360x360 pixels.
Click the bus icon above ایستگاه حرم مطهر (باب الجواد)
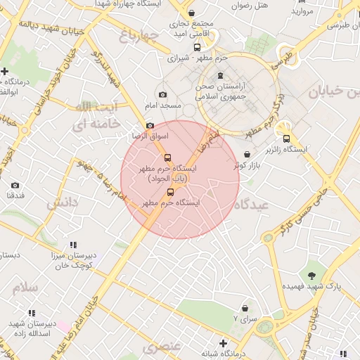click(x=167, y=157)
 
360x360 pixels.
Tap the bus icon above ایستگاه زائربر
click(x=286, y=139)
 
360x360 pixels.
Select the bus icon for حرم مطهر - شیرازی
click(x=197, y=47)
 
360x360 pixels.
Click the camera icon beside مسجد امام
click(x=163, y=95)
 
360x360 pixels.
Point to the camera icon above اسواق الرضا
click(x=150, y=125)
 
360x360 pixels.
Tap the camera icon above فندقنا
click(x=15, y=186)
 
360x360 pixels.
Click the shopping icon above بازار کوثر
click(x=247, y=154)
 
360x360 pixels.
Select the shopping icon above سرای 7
click(x=245, y=308)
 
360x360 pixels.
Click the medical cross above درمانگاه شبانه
click(x=224, y=343)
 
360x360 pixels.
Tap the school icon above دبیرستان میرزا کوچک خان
click(x=73, y=245)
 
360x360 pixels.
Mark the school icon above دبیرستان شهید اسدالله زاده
click(x=31, y=313)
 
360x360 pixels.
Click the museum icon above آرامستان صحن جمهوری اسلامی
click(x=221, y=75)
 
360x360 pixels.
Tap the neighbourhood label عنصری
click(x=162, y=347)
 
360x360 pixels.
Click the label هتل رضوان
click(x=251, y=5)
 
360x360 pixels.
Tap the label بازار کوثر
click(x=247, y=165)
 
